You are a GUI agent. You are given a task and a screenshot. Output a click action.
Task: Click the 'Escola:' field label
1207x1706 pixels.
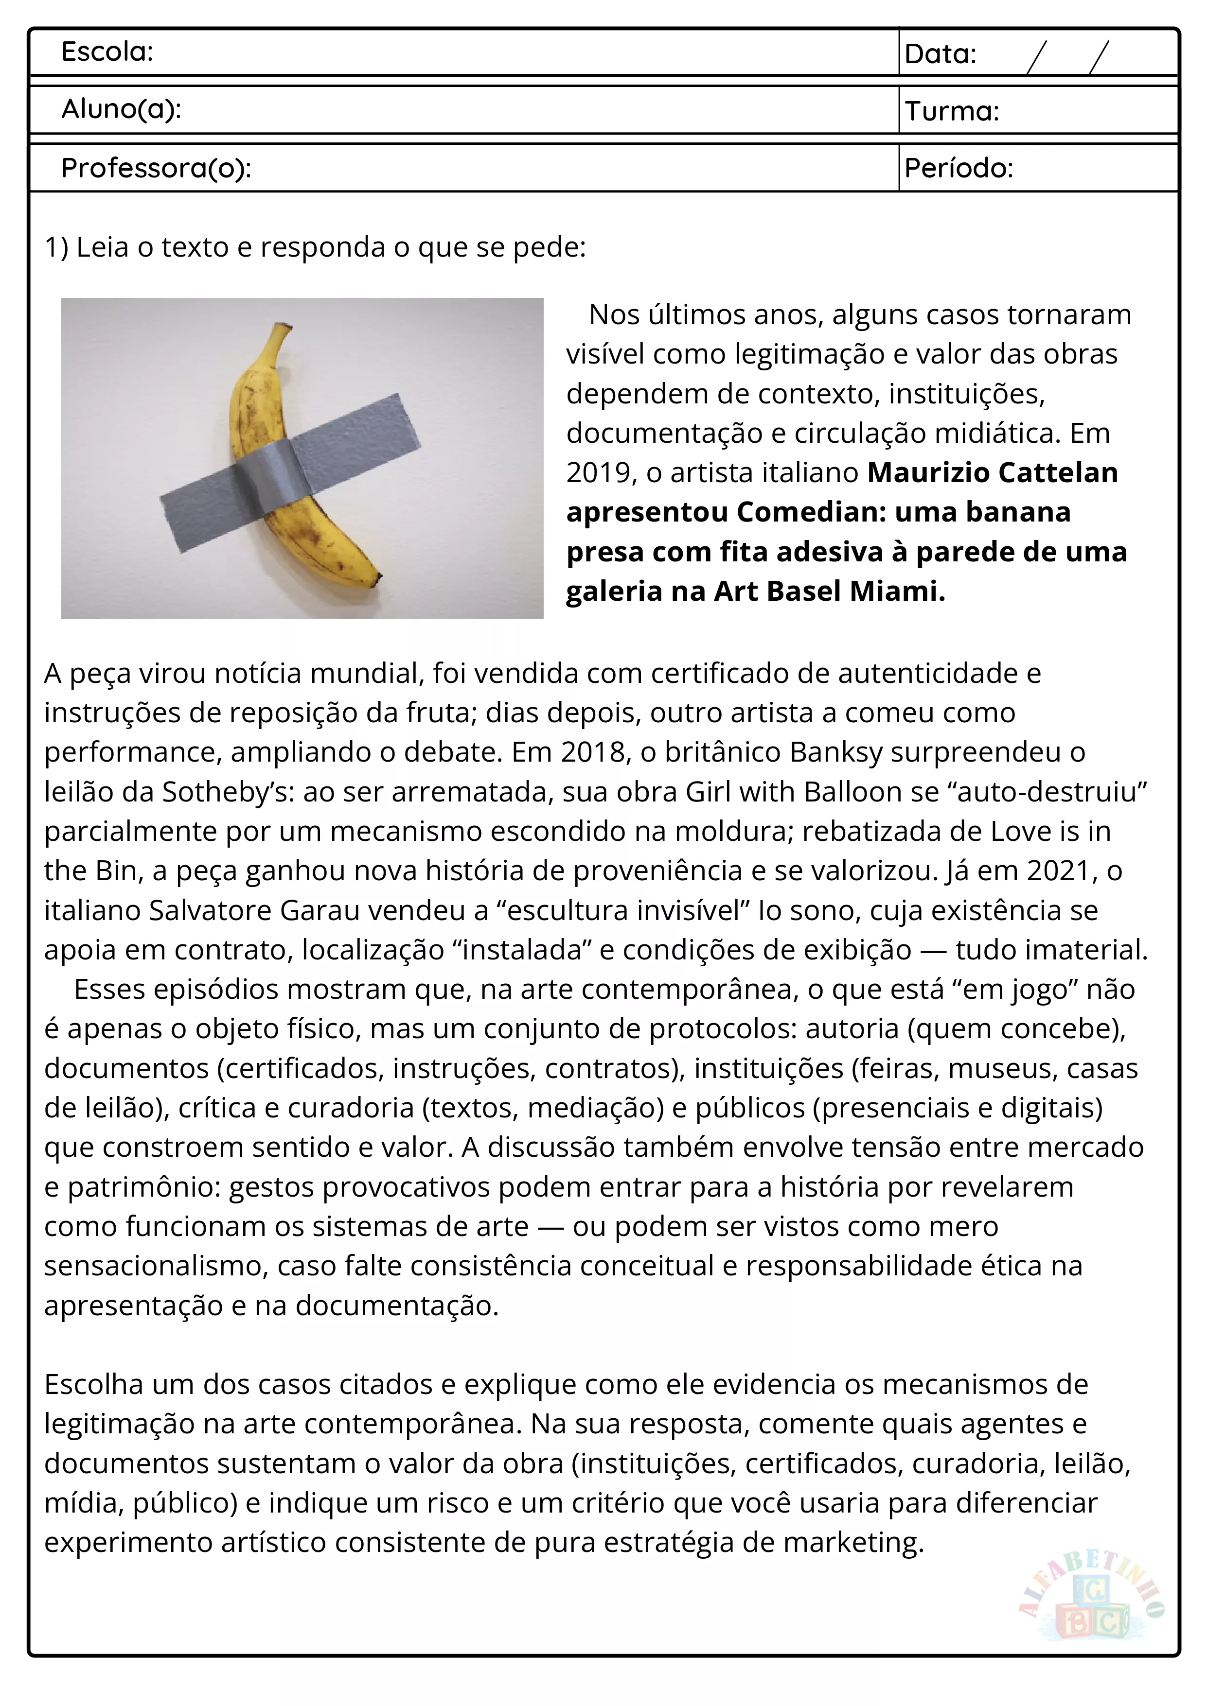coord(107,52)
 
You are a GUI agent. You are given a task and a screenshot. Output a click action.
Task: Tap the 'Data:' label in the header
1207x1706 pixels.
coord(940,54)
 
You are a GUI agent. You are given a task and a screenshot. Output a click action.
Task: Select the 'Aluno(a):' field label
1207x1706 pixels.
coord(121,110)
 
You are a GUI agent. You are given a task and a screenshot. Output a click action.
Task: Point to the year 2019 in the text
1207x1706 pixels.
coord(598,472)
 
